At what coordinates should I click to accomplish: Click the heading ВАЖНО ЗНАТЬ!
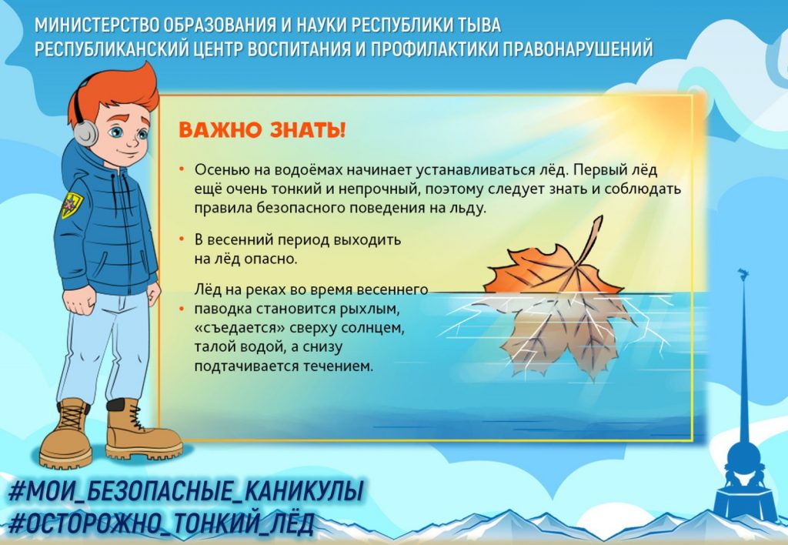tap(262, 130)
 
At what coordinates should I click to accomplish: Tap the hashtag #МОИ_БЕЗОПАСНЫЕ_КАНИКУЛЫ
tap(185, 491)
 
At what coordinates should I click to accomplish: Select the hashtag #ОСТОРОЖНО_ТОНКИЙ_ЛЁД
tap(162, 523)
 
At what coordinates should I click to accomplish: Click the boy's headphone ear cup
tap(85, 132)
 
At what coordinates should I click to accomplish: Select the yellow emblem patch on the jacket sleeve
tap(71, 204)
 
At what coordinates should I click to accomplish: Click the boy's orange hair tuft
tap(121, 91)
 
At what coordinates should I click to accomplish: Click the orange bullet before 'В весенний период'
tap(182, 239)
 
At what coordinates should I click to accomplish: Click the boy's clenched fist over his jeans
tap(79, 301)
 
